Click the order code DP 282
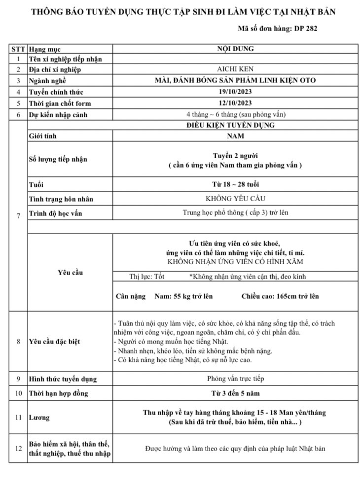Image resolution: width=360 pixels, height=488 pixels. (306, 28)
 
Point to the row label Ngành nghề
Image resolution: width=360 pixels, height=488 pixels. (47, 81)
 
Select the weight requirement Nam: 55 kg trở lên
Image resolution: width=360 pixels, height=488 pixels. (183, 296)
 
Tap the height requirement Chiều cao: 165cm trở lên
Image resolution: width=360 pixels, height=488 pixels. (280, 296)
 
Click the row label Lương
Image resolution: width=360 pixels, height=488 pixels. (39, 418)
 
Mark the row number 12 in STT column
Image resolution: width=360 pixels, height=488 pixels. (18, 449)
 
